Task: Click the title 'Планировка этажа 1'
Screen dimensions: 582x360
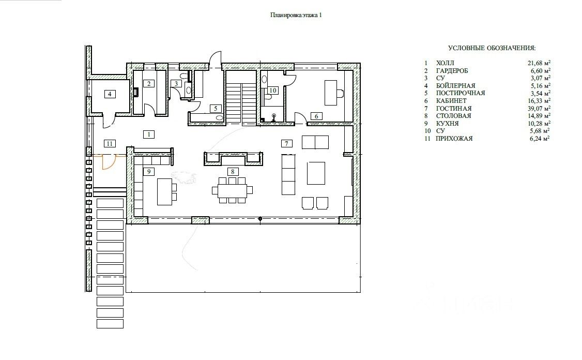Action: tap(296, 15)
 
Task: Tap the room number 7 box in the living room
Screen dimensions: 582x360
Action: tap(286, 143)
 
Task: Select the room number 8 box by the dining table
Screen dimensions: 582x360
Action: tap(233, 172)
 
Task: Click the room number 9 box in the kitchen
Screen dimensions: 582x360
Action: tap(149, 172)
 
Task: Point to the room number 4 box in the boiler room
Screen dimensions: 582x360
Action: tap(110, 94)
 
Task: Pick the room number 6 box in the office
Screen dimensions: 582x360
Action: tap(317, 116)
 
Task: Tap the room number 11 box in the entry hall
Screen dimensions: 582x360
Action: tap(110, 143)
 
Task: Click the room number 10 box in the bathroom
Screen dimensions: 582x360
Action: tap(273, 91)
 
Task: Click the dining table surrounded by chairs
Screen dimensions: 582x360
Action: tap(233, 190)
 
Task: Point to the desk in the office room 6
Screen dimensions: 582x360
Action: tap(331, 93)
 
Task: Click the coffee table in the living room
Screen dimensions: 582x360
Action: tap(316, 173)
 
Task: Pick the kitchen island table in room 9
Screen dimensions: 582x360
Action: tap(165, 192)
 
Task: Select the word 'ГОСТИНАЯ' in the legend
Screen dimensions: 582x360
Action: tap(454, 109)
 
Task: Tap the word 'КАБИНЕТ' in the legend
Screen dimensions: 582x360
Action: tap(451, 101)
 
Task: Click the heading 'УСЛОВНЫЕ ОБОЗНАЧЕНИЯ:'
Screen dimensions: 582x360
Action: tap(492, 48)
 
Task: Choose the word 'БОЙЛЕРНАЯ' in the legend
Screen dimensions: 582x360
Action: tap(455, 86)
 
